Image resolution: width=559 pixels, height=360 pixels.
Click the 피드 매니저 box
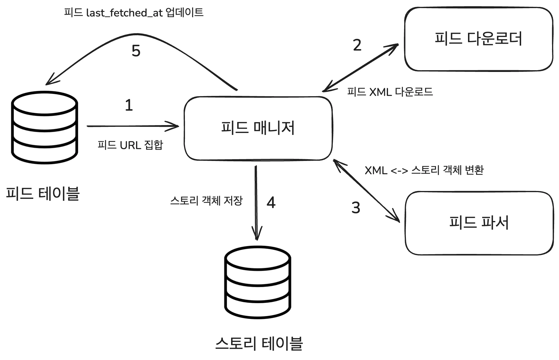(258, 128)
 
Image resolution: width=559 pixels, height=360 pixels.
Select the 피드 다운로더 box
(478, 39)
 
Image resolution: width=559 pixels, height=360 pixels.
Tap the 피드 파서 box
(479, 223)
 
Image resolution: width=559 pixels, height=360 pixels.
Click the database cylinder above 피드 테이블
(44, 127)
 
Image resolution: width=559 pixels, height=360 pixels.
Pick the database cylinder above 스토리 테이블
(257, 282)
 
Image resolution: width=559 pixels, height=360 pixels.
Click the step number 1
(129, 105)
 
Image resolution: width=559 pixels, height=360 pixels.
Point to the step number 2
(357, 45)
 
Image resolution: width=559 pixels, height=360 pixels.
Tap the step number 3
(356, 208)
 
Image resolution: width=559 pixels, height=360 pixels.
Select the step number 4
(271, 203)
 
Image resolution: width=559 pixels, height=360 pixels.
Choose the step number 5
(136, 51)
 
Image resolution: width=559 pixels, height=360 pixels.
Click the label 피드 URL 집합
(130, 145)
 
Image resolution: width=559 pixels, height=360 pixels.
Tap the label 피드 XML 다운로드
(390, 92)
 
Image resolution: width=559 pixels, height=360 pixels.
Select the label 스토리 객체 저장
(206, 201)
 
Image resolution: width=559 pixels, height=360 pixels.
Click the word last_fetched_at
(125, 13)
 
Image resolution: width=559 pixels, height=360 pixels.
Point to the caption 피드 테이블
(43, 193)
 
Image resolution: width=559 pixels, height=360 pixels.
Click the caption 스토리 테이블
(259, 343)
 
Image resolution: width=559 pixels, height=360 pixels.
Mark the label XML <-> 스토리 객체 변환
(424, 170)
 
